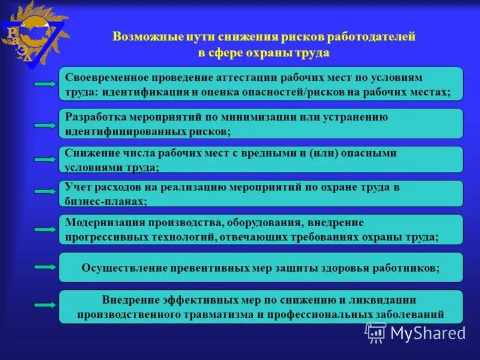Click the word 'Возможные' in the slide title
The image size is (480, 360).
click(142, 37)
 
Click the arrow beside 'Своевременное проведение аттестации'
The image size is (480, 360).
click(46, 85)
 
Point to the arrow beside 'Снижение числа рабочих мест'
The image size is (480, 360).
click(46, 160)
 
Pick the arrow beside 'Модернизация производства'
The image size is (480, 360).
click(46, 229)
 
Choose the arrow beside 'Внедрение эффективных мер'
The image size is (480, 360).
click(46, 305)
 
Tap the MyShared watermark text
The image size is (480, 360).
click(428, 332)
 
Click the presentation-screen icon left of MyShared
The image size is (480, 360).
click(376, 332)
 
